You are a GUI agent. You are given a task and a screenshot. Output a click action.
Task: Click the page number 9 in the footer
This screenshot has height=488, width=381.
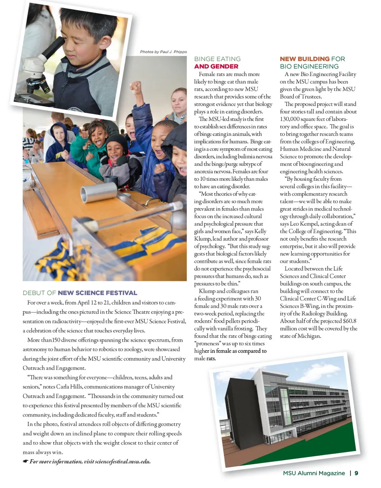click(x=356, y=473)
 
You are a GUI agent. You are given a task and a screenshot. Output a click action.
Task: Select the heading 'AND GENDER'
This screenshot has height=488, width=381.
click(x=216, y=66)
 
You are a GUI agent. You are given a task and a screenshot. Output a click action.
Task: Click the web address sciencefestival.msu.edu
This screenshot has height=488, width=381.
click(x=124, y=461)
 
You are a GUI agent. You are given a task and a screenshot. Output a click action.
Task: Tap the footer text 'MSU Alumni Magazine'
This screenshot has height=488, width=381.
click(x=314, y=473)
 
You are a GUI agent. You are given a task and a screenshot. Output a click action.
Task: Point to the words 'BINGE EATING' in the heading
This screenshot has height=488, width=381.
click(x=217, y=59)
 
